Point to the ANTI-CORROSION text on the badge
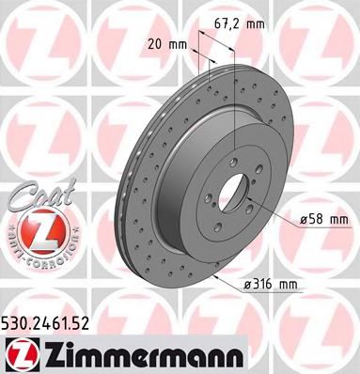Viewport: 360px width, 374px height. coord(34,254)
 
